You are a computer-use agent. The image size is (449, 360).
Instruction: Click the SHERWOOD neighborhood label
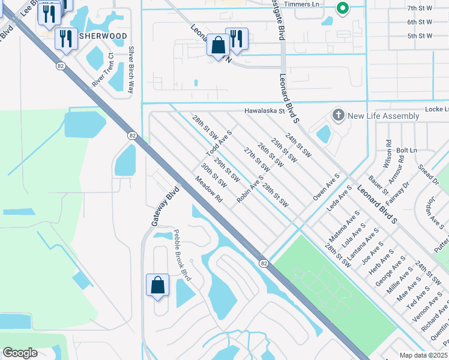tap(107, 36)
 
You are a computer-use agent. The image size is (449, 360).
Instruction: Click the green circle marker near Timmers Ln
tap(342, 8)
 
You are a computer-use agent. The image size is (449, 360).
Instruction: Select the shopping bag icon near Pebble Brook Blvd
tap(157, 285)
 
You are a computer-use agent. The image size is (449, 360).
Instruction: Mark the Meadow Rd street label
tap(208, 189)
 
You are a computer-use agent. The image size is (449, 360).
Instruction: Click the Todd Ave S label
tap(219, 142)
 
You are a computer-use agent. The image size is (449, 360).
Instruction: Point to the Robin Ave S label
tap(250, 189)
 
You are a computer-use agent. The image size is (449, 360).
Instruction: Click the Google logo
tap(20, 353)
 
